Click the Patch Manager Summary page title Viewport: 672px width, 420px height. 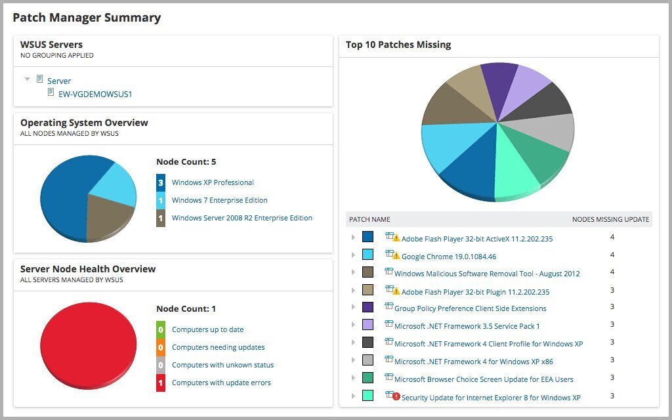click(x=87, y=18)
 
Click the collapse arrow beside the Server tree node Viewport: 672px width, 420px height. click(x=27, y=79)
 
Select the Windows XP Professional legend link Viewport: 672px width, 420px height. click(x=213, y=182)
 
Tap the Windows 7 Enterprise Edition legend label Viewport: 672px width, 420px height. click(x=219, y=200)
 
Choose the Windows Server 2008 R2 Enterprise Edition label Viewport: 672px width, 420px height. click(x=241, y=218)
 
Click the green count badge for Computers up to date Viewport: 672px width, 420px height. click(x=161, y=329)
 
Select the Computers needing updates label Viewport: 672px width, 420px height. click(x=218, y=347)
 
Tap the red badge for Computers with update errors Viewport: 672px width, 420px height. click(x=161, y=383)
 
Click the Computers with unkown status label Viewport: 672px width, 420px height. click(x=222, y=365)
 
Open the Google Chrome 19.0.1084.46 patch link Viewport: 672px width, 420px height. click(x=448, y=257)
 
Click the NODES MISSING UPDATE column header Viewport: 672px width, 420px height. click(x=610, y=219)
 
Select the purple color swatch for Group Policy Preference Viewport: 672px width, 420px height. click(x=367, y=307)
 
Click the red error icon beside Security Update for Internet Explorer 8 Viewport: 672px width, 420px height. click(x=396, y=397)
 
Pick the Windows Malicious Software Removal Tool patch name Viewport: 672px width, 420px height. click(x=486, y=274)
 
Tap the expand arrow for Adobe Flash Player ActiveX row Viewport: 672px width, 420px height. click(x=353, y=237)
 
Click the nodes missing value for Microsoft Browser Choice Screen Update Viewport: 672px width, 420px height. click(x=612, y=378)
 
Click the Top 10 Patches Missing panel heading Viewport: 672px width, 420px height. click(x=398, y=45)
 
